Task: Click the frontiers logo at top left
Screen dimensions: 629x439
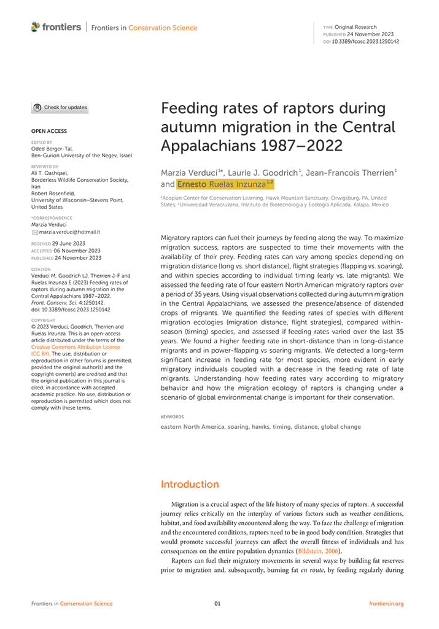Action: click(x=56, y=27)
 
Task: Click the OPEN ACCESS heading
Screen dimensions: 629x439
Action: click(x=49, y=131)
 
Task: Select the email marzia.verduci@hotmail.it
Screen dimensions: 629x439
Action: click(x=69, y=232)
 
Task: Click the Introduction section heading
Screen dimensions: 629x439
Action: click(x=190, y=484)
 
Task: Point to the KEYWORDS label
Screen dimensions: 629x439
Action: click(x=172, y=416)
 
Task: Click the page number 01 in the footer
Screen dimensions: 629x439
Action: click(x=217, y=604)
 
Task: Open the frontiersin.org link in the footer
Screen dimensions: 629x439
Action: click(x=386, y=604)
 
